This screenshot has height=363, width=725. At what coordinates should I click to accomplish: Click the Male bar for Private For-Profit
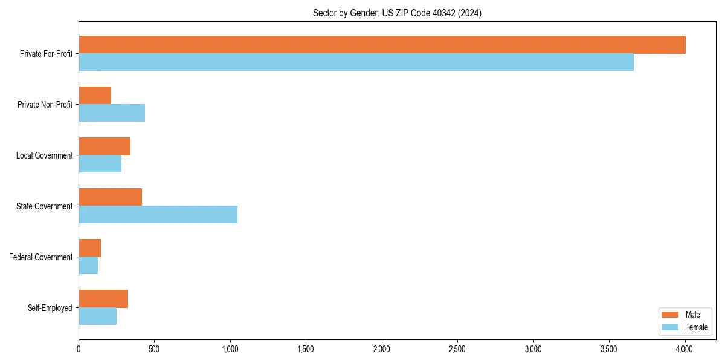tap(382, 45)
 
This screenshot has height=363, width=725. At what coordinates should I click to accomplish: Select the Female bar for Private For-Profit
tap(356, 62)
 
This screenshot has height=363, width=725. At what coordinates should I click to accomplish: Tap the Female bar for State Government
tap(158, 215)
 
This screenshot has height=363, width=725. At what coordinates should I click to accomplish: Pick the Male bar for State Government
tap(110, 197)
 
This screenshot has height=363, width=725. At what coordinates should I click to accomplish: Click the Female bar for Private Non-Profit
tap(112, 113)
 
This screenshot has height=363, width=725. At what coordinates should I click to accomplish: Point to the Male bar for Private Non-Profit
tap(95, 96)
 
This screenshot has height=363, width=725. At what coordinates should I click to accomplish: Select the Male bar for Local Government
tap(105, 146)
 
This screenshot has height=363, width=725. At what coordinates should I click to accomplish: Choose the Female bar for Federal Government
tap(88, 266)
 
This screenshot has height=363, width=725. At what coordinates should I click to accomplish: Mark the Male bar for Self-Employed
tap(103, 299)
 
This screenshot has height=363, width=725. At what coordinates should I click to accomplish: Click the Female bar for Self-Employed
tap(97, 316)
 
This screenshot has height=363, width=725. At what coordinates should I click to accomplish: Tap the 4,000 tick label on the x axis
tap(685, 349)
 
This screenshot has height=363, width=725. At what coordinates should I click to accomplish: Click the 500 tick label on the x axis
tap(154, 349)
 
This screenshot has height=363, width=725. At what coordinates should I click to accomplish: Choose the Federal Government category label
tap(41, 257)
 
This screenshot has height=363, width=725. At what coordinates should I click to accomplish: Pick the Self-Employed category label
tap(50, 308)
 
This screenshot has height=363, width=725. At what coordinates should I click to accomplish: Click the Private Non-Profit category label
tap(45, 105)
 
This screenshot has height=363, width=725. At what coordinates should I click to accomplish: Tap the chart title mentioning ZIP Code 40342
tap(397, 13)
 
